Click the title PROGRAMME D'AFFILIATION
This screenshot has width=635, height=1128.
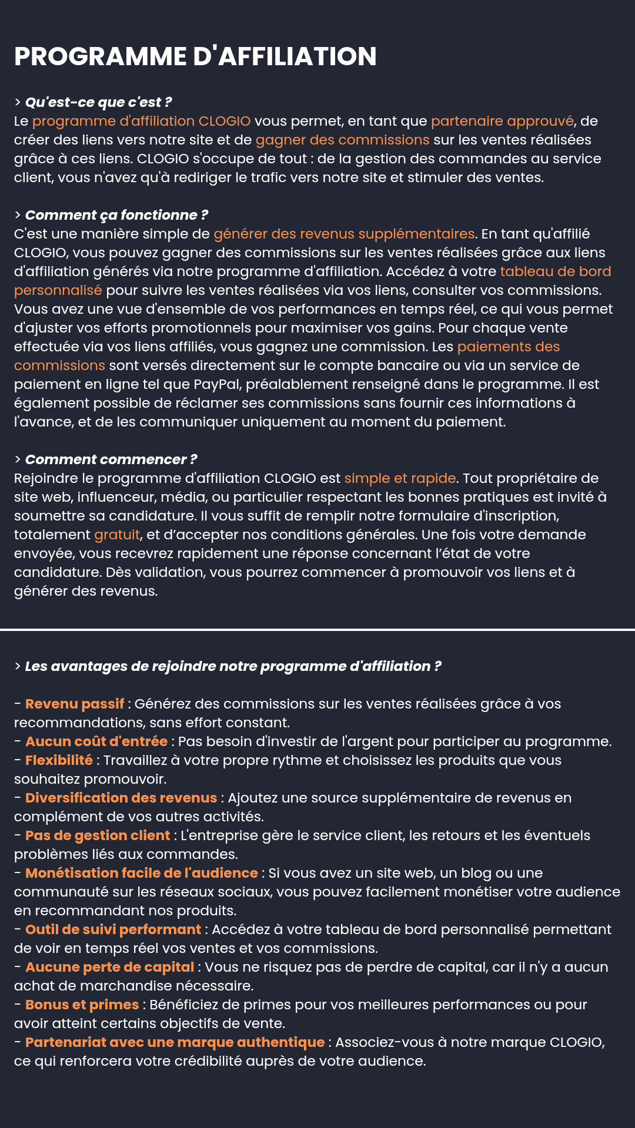point(195,56)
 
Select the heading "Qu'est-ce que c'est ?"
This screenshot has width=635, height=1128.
point(98,102)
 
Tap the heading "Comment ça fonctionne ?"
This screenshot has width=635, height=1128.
point(116,215)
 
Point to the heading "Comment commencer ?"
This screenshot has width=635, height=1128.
point(111,459)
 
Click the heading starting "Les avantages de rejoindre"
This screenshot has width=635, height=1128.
point(233,666)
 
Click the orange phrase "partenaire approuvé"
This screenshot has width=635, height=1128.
point(502,121)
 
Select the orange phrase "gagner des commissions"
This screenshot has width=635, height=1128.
point(342,140)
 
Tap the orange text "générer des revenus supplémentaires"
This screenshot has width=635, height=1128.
point(344,234)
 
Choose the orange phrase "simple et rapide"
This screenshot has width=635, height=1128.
point(400,478)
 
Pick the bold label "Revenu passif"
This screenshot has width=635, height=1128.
point(75,704)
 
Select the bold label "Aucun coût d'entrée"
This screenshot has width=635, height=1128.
point(96,741)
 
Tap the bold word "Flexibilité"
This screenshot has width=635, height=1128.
point(59,760)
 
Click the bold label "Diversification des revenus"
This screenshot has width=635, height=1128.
point(121,798)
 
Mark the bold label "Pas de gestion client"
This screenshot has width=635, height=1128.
point(98,835)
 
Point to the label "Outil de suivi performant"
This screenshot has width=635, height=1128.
point(113,929)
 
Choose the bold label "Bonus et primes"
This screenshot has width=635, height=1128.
point(82,1005)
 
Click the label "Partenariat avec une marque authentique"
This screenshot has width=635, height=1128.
point(175,1042)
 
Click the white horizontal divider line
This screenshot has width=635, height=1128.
point(317,629)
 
